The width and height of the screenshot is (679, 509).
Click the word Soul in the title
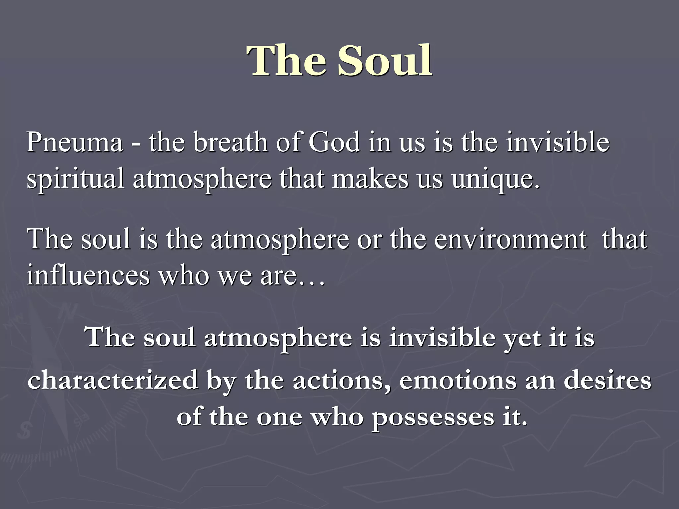click(x=385, y=61)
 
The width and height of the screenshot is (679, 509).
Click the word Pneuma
click(x=75, y=142)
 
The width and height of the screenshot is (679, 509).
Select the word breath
click(x=230, y=142)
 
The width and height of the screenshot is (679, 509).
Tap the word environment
click(x=511, y=239)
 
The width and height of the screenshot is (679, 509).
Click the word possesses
click(x=433, y=418)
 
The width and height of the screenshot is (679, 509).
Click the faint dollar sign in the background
click(x=24, y=430)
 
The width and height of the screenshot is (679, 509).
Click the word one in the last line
click(x=279, y=418)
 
